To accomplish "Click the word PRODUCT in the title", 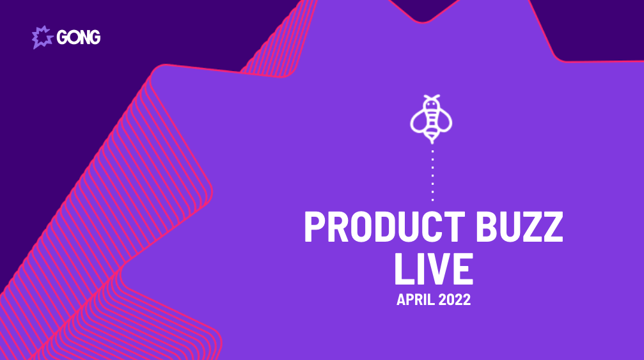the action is coord(384,226).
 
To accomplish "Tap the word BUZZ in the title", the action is coord(519,226).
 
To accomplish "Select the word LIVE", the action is coord(434,269).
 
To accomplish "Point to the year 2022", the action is coord(454,300).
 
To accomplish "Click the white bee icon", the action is coord(431,119).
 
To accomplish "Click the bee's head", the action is coord(431,105).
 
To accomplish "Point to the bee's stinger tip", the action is coord(432,143).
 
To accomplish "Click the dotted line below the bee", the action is coord(432,176).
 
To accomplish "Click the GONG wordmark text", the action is coord(79,37).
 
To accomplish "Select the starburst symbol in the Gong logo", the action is coord(42,37).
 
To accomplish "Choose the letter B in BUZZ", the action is coord(485,226).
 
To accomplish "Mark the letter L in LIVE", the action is coord(402,269).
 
